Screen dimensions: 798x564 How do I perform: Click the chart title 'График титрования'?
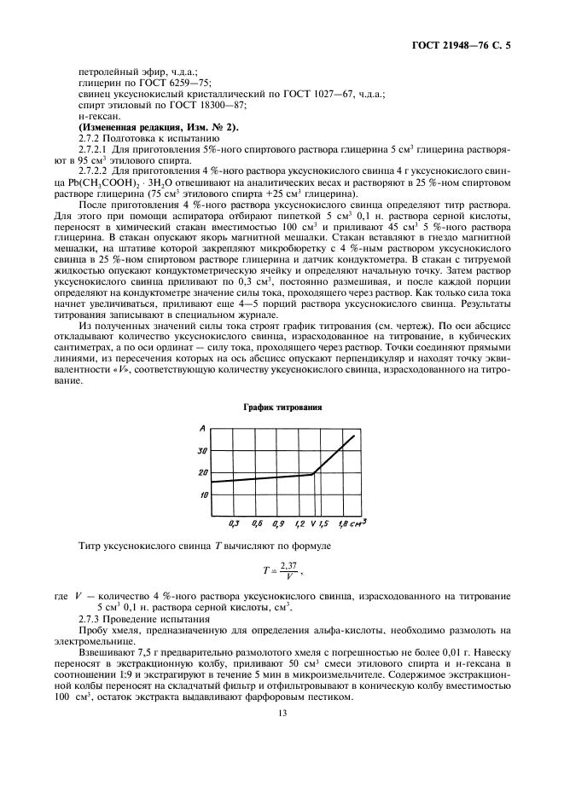[282, 408]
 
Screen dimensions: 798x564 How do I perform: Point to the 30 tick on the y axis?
[203, 450]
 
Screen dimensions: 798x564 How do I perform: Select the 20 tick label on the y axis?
[203, 472]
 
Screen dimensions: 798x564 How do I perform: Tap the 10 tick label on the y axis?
[203, 494]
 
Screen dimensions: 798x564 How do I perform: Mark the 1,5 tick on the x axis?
[323, 521]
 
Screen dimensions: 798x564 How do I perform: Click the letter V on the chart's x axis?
[313, 521]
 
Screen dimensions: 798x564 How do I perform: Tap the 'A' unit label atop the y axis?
[202, 427]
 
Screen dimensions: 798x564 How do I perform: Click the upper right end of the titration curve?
[353, 437]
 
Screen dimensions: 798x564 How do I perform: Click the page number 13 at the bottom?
[282, 719]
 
